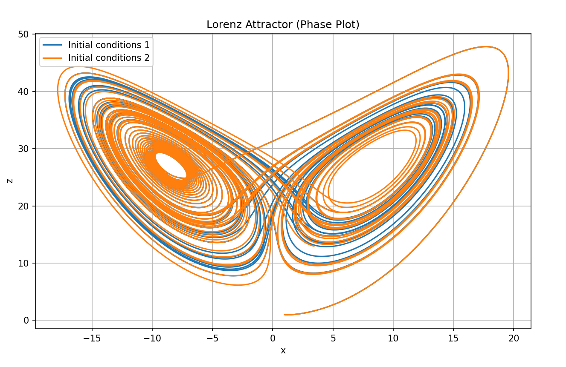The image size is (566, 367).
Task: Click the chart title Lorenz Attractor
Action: (x=283, y=25)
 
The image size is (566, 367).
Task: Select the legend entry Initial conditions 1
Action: (x=109, y=45)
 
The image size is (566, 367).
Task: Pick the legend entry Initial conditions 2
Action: (x=109, y=58)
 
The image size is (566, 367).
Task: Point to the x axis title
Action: (x=283, y=351)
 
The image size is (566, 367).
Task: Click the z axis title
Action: (x=10, y=181)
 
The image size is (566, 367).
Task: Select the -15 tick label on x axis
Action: (x=92, y=339)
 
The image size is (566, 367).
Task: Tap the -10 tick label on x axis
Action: (x=152, y=339)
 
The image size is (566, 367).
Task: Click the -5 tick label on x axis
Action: (x=212, y=339)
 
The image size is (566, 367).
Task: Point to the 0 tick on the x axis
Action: (x=273, y=339)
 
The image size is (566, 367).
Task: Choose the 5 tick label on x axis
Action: (x=333, y=339)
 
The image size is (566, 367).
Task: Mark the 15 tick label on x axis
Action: (x=453, y=339)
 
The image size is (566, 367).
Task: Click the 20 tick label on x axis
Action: (x=514, y=339)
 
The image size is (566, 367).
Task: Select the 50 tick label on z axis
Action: (x=24, y=34)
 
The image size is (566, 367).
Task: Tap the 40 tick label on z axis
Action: (x=24, y=92)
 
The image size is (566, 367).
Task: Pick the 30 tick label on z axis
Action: (x=24, y=149)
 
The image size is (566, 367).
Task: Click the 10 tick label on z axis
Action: (x=24, y=263)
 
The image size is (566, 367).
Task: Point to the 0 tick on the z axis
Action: (x=26, y=320)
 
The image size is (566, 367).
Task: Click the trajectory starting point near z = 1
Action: (x=284, y=314)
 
